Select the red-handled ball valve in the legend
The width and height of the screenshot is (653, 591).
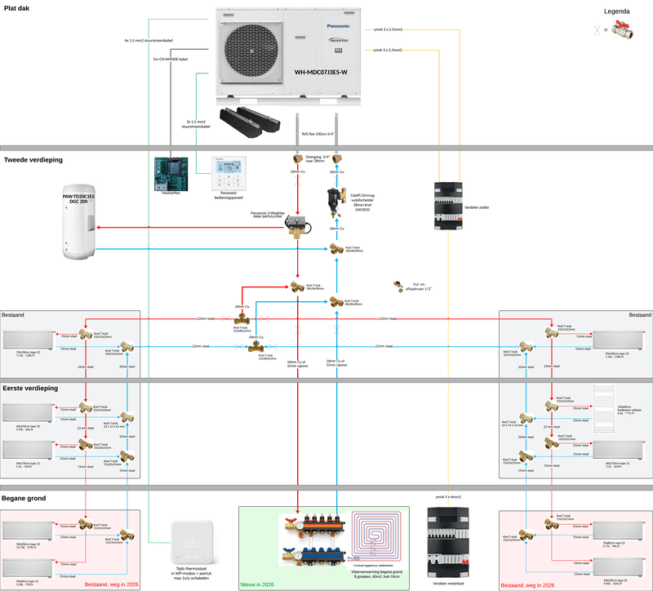(630, 31)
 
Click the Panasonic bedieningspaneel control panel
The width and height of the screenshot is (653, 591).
(229, 170)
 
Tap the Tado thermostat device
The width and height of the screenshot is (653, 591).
(191, 540)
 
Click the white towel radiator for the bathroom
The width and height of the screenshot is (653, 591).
(607, 402)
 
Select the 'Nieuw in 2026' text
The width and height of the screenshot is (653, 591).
(261, 585)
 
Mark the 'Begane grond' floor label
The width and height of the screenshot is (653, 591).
(25, 498)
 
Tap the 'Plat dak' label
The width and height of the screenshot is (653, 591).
(17, 7)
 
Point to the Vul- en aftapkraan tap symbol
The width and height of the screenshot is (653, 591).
(400, 280)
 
